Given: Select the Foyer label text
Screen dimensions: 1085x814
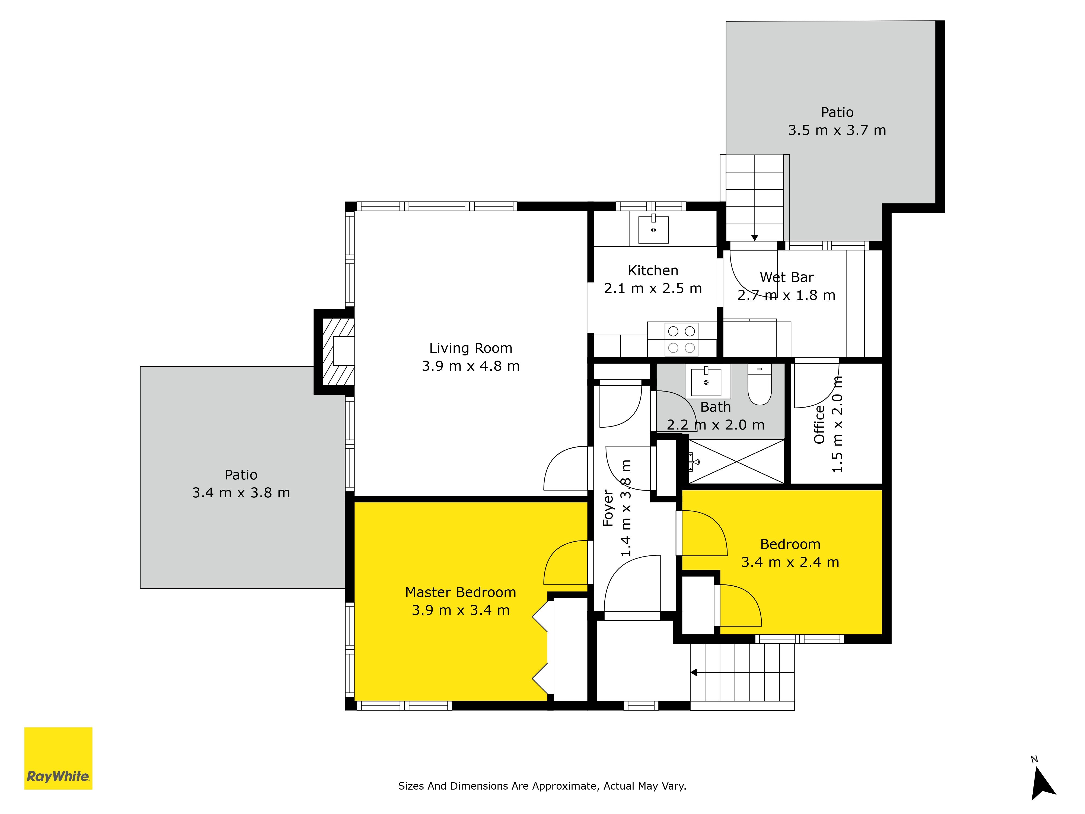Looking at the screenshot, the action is click(608, 508).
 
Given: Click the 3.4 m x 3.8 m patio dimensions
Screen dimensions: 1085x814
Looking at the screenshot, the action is click(241, 493).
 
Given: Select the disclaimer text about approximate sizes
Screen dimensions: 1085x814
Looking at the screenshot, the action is click(542, 786).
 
